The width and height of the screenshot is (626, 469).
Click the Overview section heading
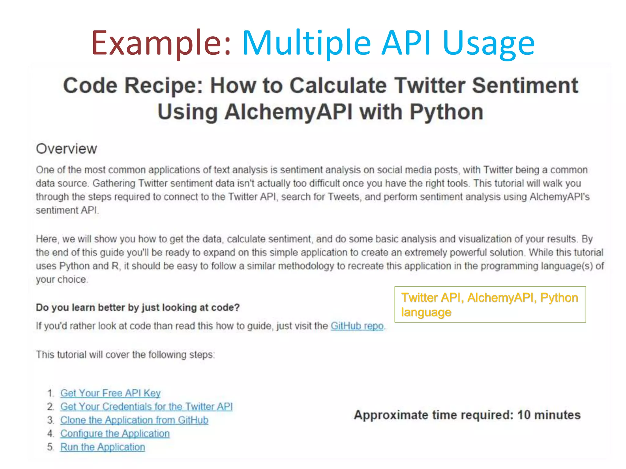(66, 149)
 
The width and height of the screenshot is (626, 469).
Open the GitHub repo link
(357, 326)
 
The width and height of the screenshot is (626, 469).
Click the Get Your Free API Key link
(110, 393)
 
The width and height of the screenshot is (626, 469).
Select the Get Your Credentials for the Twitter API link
(146, 406)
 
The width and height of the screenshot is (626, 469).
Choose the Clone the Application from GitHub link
(134, 420)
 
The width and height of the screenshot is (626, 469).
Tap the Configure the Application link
(115, 434)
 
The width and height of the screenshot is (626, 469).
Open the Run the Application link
(102, 447)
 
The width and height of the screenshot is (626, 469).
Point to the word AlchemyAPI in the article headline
(288, 112)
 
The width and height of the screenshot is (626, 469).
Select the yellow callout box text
(490, 305)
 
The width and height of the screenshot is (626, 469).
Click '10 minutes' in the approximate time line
(549, 415)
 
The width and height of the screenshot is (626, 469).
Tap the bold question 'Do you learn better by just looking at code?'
(138, 307)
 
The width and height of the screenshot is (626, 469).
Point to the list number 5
(50, 447)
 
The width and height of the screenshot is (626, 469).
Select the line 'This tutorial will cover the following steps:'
(125, 354)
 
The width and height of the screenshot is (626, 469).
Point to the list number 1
(50, 393)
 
